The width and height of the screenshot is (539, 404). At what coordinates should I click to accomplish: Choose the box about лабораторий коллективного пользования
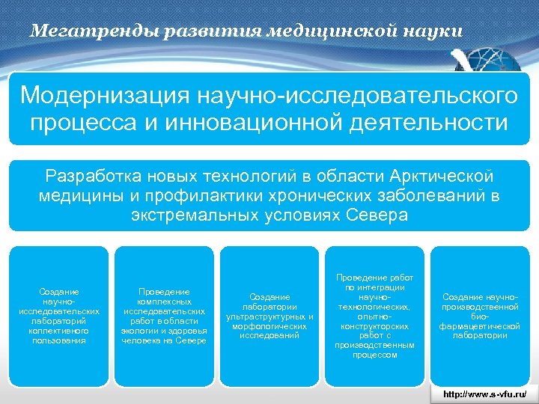[59, 316]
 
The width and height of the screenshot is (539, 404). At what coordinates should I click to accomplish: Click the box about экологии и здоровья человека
[164, 316]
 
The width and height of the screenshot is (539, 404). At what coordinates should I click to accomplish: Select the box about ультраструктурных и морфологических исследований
[269, 316]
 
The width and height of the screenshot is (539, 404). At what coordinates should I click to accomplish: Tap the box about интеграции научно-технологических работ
[374, 316]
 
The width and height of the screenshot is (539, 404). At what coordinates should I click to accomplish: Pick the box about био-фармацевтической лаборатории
[479, 316]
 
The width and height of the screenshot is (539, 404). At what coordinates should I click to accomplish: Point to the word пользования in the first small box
[59, 340]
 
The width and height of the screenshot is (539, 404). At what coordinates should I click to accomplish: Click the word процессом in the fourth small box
[374, 355]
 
